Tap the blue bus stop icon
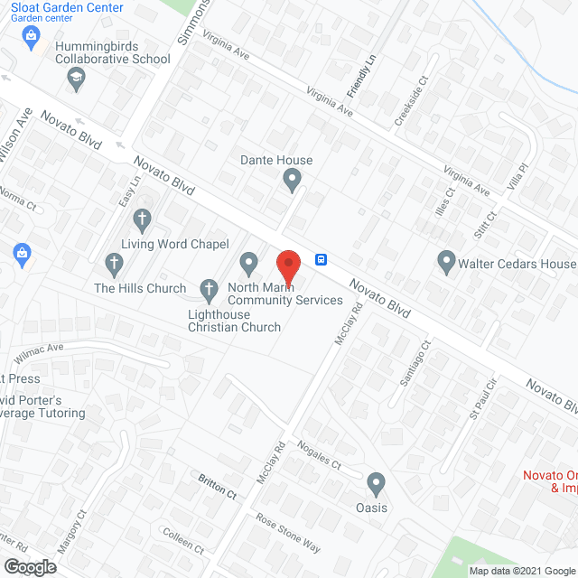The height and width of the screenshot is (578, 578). (322, 260)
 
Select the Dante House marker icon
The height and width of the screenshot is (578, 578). (292, 182)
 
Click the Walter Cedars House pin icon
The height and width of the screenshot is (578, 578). (446, 264)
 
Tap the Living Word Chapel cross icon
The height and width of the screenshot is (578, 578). (142, 219)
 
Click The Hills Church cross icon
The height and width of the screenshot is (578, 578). (114, 265)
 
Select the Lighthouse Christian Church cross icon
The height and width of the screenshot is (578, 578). (209, 291)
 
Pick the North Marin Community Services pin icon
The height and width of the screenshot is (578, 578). (249, 265)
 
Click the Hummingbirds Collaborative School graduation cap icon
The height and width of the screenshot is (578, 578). (76, 82)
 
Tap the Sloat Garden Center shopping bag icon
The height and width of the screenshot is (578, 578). (32, 36)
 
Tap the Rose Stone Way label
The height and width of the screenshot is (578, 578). (287, 532)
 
